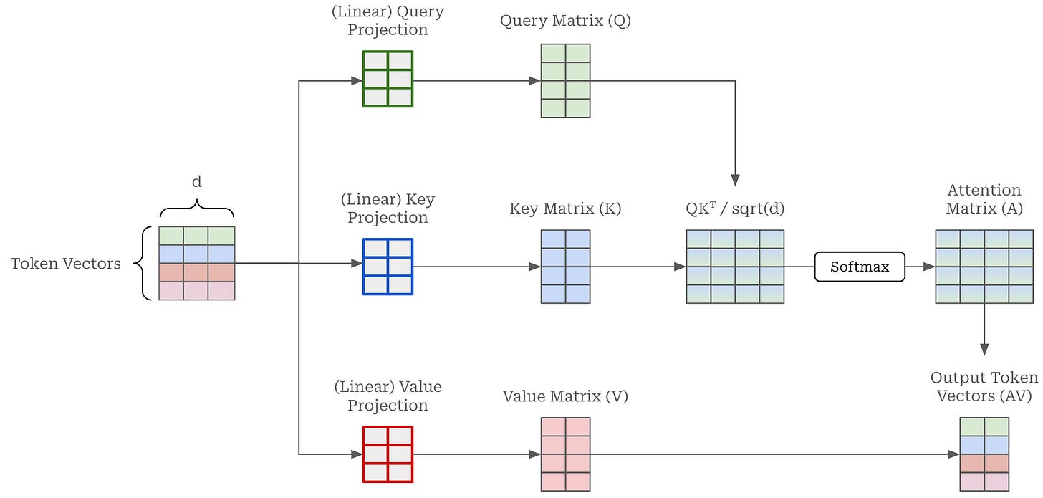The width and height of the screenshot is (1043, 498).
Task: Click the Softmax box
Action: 860,267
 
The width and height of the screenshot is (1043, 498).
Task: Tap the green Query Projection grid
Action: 388,80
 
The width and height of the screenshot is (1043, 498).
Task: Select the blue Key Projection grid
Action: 388,267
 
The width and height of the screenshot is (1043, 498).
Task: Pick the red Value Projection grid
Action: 388,454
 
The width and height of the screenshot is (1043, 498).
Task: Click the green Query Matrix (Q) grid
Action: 565,80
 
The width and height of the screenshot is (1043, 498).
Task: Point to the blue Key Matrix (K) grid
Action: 565,267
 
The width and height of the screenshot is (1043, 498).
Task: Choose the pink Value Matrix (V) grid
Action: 565,454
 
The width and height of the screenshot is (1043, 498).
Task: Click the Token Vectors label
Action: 66,264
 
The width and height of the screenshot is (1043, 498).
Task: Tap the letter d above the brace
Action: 196,181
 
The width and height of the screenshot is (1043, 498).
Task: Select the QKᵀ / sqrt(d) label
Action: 735,208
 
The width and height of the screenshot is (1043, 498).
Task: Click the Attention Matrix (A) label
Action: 984,199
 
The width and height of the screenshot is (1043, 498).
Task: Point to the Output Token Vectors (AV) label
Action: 984,386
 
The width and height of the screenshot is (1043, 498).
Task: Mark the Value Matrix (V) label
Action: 565,396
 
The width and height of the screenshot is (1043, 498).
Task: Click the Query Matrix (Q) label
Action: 565,21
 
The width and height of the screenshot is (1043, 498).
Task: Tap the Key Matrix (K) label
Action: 565,209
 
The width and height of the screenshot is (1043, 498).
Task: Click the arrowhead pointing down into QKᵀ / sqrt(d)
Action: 735,181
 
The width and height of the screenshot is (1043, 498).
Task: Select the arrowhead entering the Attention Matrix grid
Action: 929,267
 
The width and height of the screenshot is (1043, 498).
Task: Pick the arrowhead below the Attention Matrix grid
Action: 984,350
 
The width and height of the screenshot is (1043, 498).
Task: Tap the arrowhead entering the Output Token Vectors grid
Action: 953,454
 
